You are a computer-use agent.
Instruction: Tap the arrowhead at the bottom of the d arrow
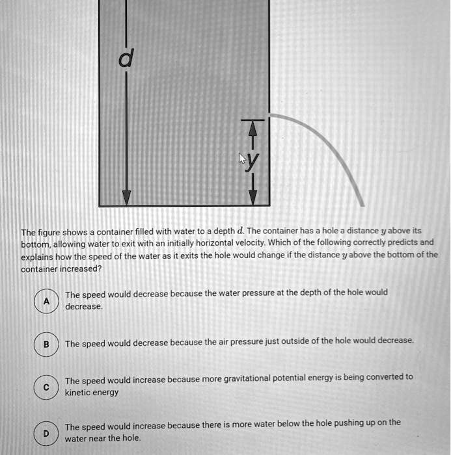[x=126, y=198]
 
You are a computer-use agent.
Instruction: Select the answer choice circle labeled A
[x=46, y=300]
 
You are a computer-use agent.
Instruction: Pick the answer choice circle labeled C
[x=46, y=386]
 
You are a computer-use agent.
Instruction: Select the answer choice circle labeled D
[x=46, y=432]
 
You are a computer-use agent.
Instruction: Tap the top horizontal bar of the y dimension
[x=254, y=121]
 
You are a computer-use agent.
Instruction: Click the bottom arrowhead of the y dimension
[x=254, y=196]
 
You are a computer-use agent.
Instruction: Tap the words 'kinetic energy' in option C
[x=92, y=393]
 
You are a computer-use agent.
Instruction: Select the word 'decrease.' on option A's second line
[x=84, y=306]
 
